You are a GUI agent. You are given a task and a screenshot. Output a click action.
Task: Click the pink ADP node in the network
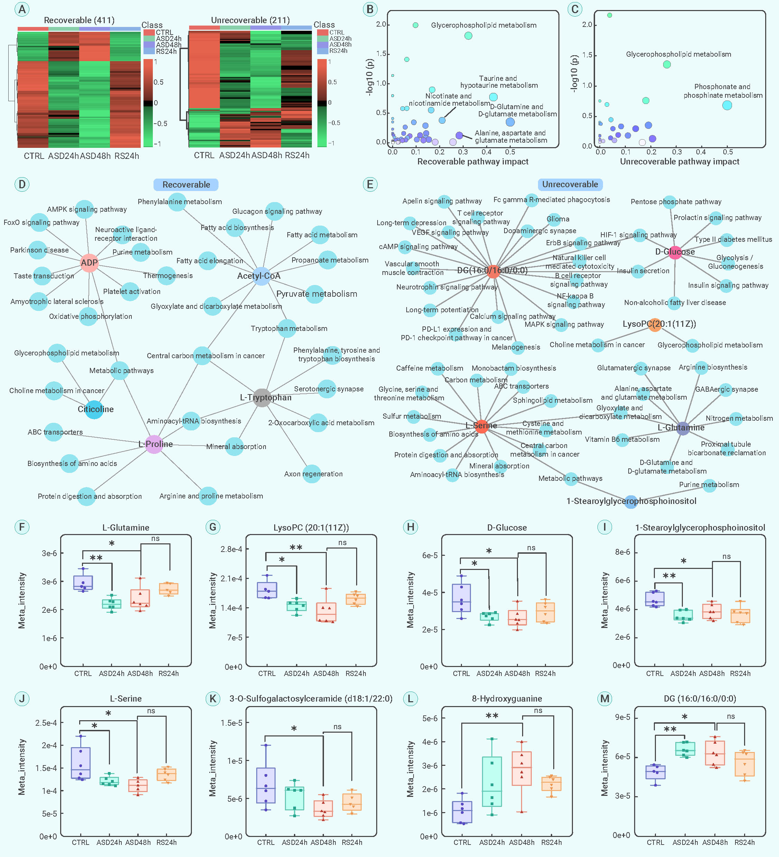(89, 263)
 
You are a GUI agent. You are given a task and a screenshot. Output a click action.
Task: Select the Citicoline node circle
(94, 409)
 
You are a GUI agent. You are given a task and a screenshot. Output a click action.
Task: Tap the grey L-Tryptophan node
(262, 398)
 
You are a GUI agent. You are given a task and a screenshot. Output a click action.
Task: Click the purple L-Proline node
(154, 444)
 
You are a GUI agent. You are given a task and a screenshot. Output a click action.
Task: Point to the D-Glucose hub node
(675, 252)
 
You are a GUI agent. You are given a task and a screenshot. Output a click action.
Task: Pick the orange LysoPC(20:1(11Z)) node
(655, 324)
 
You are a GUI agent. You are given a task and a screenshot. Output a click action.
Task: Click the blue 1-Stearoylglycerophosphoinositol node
(631, 501)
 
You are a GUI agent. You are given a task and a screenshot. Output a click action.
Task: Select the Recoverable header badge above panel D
(186, 184)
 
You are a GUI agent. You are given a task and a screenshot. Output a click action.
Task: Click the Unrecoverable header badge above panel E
(570, 184)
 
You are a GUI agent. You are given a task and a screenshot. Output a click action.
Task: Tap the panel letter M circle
(605, 698)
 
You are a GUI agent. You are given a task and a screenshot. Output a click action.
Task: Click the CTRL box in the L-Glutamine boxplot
(83, 582)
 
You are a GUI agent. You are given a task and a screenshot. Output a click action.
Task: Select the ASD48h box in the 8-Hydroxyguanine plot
(522, 768)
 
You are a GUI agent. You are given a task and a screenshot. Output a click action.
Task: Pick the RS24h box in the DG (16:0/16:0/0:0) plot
(744, 764)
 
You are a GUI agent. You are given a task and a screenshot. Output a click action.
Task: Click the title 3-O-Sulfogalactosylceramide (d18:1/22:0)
(310, 698)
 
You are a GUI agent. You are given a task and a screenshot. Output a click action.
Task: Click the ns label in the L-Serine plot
(151, 711)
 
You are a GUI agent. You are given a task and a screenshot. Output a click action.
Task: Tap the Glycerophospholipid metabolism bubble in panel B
(468, 36)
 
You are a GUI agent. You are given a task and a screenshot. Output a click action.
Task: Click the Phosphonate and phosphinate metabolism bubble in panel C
(727, 105)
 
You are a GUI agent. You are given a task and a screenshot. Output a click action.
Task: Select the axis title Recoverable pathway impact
(473, 162)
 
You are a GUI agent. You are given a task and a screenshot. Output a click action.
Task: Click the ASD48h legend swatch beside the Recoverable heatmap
(149, 45)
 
